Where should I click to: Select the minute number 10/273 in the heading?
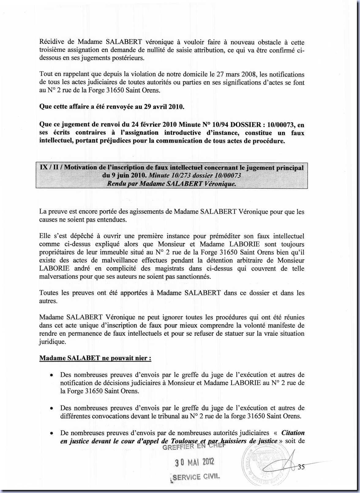coord(182,175)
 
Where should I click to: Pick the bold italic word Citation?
coord(293,433)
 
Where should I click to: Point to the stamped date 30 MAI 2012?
coord(194,462)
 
